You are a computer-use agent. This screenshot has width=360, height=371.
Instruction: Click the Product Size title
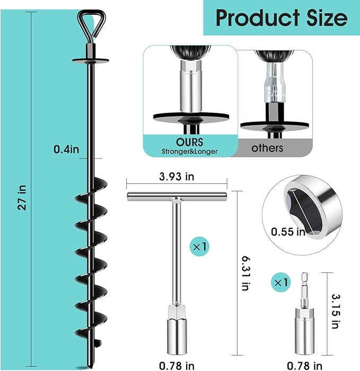pos(282,18)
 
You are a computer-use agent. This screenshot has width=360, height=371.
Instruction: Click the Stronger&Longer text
pos(189,152)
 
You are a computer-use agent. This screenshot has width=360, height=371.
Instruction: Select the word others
pos(268,148)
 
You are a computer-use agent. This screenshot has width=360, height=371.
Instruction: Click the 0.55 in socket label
pos(288,232)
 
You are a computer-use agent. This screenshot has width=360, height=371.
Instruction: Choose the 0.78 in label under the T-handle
pos(178,365)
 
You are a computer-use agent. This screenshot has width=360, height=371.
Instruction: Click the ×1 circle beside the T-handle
pos(199,246)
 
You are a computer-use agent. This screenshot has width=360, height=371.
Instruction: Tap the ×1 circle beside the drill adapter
pos(279,282)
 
